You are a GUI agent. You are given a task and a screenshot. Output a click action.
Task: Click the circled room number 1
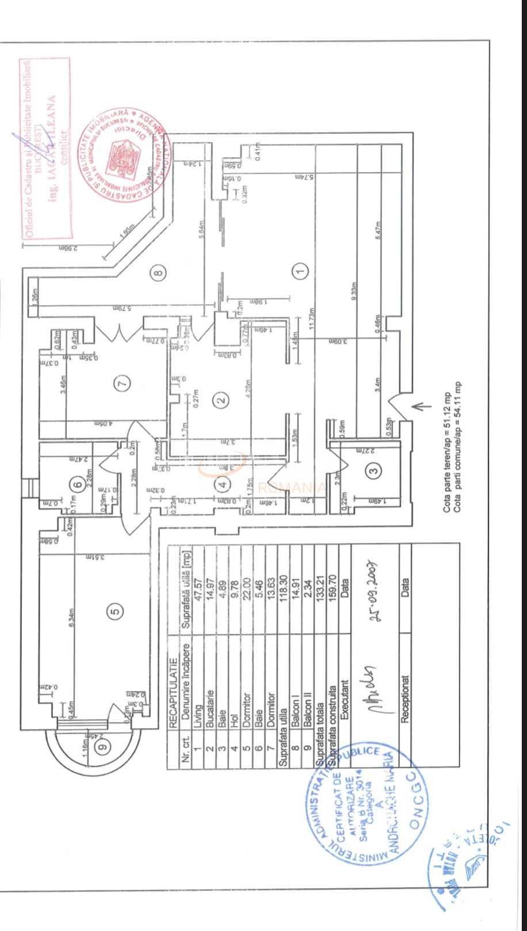[300, 271]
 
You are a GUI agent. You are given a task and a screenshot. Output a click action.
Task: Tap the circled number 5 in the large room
[115, 611]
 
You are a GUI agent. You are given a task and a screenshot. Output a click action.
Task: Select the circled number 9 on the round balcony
[103, 747]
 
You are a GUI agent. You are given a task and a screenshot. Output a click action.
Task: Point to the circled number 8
[159, 273]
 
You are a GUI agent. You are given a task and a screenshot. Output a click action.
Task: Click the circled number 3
[375, 471]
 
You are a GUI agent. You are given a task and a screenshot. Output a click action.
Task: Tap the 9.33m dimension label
[354, 294]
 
